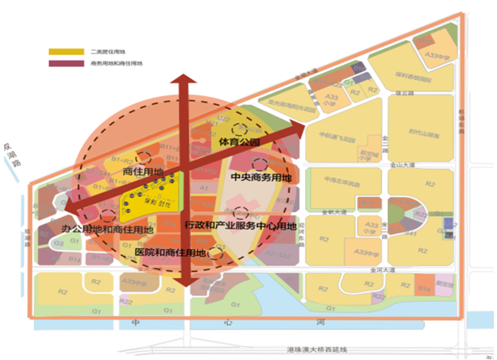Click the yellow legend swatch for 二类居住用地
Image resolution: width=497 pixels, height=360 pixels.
[59, 52]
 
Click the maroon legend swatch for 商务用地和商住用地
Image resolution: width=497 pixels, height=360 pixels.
[59, 62]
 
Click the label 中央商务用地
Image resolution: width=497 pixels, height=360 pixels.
[260, 177]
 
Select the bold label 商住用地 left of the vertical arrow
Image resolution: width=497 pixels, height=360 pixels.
[142, 171]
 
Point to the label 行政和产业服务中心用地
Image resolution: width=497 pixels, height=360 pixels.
[240, 226]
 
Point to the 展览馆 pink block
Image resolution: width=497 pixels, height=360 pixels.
[443, 284]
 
